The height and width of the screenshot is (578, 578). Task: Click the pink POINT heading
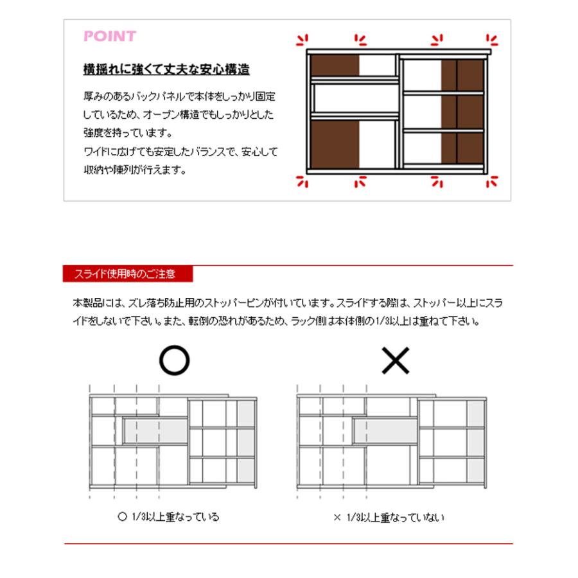point(110,36)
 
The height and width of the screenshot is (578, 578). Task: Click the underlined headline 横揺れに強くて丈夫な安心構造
point(166,69)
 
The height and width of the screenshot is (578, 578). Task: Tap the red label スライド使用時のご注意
point(128,274)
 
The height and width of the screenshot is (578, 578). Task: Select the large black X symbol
point(395,362)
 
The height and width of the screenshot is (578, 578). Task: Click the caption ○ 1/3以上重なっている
point(169,516)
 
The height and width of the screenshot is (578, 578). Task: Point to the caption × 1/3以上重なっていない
point(389,516)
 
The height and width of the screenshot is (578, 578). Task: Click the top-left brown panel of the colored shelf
point(335,66)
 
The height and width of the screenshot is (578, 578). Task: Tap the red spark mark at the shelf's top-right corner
point(492,40)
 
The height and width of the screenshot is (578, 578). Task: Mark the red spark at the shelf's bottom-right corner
point(492,182)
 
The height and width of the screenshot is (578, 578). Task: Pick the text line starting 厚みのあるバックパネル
point(179,96)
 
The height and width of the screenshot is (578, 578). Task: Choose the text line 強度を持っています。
point(127,134)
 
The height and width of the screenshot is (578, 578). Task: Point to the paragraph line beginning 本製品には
point(288,301)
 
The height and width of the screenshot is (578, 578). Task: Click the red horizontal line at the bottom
point(288,544)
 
